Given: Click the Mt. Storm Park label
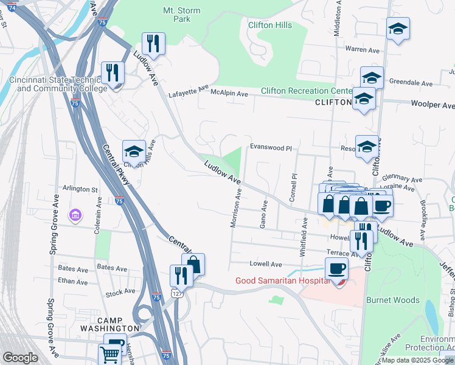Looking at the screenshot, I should click(177, 15).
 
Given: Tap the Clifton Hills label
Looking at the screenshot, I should click(269, 26).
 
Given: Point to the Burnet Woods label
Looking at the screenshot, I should click(393, 300).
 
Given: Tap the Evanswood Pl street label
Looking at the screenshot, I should click(271, 148).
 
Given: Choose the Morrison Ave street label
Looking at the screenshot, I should click(236, 207).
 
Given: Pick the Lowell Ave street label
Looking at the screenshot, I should click(266, 265).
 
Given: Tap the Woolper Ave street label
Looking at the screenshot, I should click(432, 105).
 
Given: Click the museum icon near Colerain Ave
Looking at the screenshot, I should click(75, 215).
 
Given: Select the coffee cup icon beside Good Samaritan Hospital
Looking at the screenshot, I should click(336, 268).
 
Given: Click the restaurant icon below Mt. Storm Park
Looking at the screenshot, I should click(152, 43).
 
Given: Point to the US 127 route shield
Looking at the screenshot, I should click(176, 293).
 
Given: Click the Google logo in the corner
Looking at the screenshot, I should click(20, 358).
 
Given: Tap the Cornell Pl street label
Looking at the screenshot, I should click(293, 189).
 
